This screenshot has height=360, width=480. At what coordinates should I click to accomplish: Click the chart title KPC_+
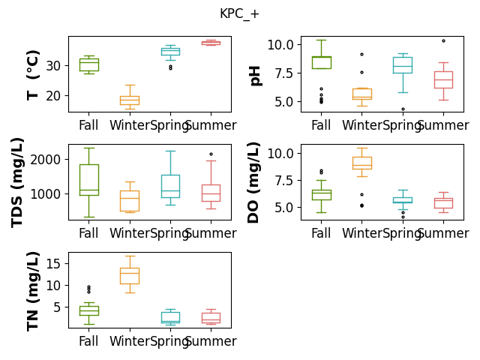click(x=239, y=14)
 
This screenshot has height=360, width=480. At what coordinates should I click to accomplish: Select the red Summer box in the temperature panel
click(x=211, y=43)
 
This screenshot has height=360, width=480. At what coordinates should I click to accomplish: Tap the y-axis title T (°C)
click(x=33, y=75)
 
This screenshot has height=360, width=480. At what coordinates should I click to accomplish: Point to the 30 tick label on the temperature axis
click(x=53, y=66)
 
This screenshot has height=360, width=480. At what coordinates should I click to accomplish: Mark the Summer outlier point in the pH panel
click(x=443, y=40)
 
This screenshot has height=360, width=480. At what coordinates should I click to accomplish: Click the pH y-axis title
click(x=255, y=76)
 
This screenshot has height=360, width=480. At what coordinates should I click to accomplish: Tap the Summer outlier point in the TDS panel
click(x=211, y=154)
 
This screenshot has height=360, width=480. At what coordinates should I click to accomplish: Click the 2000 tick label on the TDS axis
click(x=45, y=160)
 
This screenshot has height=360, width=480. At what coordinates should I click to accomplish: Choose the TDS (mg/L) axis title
click(x=17, y=183)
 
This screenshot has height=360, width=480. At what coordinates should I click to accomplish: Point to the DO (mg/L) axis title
click(x=253, y=182)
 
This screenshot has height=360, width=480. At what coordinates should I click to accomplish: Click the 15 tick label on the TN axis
click(x=53, y=264)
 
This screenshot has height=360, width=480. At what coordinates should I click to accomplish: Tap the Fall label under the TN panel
click(x=88, y=341)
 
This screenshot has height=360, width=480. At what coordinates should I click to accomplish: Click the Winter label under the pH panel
click(x=361, y=125)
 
